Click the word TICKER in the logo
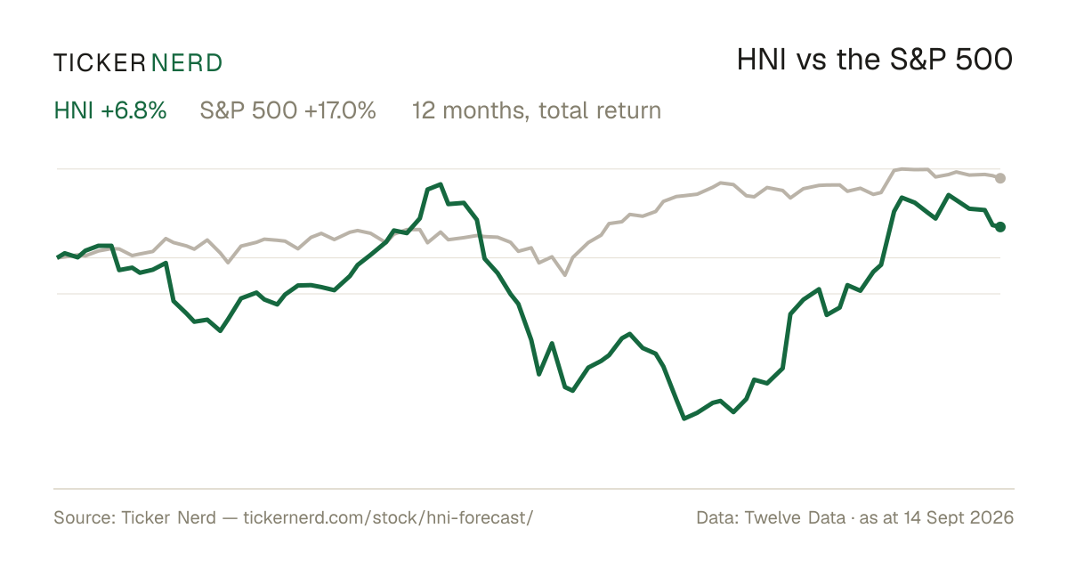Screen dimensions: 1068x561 pos(100,63)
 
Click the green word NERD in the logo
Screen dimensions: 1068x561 pos(186,63)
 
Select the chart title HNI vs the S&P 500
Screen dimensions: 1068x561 pos(874,60)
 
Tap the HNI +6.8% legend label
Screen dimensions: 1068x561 pos(110,110)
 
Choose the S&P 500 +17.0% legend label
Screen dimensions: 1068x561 pos(288,110)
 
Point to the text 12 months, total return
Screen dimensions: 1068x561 pos(537,110)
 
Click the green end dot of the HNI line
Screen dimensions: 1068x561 pos(1000,227)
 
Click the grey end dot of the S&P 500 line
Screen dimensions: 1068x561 pos(1000,178)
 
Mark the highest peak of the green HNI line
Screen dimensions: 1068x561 pos(440,184)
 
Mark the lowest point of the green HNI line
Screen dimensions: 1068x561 pos(684,419)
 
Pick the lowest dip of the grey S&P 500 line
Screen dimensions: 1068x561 pos(565,275)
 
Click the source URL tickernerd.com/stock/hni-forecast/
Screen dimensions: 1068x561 pos(388,517)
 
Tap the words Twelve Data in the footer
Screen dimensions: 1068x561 pos(795,517)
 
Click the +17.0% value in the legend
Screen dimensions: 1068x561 pos(340,110)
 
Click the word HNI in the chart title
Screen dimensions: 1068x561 pos(761,60)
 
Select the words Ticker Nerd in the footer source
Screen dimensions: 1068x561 pos(169,517)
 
